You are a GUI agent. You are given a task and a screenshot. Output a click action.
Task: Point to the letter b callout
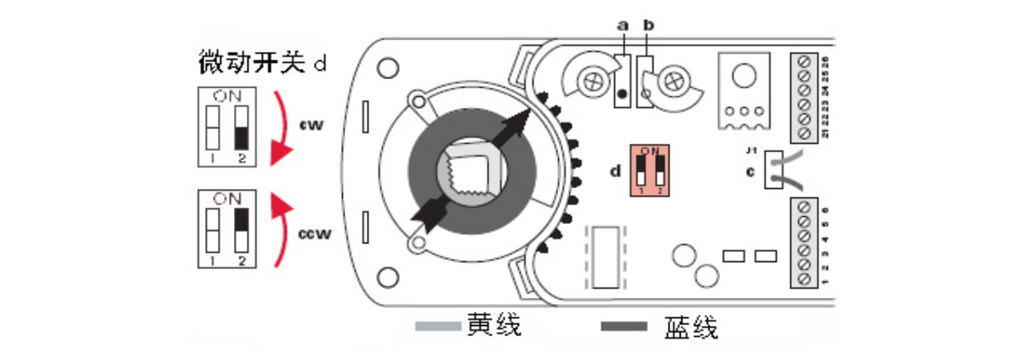(648, 26)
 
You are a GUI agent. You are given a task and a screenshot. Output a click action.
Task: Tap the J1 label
(751, 151)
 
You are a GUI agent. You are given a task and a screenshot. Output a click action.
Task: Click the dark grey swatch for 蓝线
(624, 327)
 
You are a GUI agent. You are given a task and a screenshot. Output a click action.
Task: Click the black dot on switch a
(623, 94)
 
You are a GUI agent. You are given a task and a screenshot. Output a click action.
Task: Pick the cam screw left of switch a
(587, 81)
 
